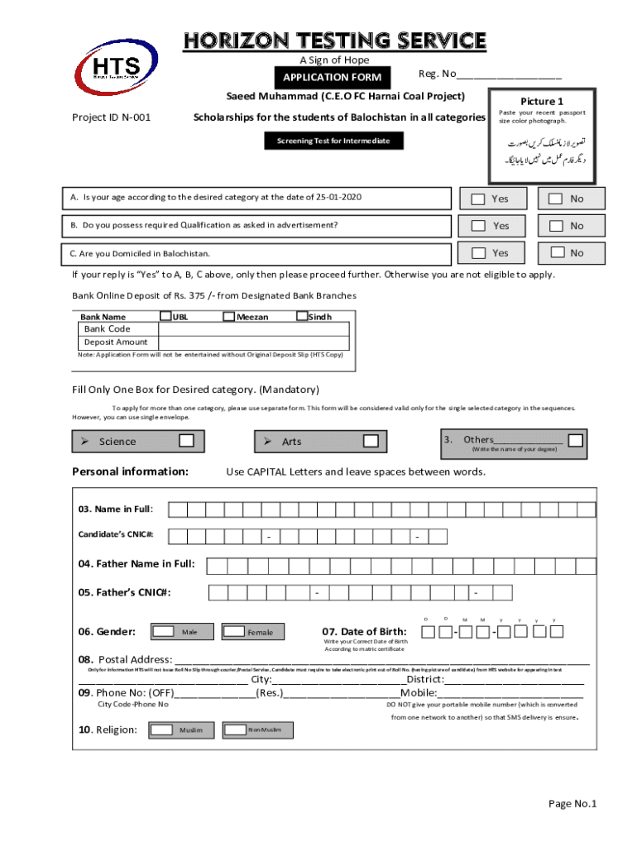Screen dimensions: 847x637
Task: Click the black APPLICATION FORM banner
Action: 333,78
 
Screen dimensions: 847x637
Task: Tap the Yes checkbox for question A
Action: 478,199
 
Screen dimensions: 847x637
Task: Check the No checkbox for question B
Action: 556,225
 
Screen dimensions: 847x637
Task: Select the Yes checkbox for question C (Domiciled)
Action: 478,252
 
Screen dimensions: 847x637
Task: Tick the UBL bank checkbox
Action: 165,316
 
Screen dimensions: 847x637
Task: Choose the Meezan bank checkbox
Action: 229,316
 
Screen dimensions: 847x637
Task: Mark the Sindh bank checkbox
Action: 302,316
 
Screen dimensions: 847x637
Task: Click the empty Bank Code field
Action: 253,328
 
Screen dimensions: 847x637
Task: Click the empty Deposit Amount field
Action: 253,342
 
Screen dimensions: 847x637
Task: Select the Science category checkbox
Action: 187,441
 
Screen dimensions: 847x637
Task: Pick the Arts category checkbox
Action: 370,441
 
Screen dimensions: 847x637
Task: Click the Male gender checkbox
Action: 163,632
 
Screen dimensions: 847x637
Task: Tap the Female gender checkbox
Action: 234,632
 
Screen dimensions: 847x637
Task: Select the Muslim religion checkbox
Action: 163,730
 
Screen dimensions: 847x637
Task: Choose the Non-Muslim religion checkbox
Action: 235,730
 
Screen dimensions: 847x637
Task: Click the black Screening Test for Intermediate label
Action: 328,141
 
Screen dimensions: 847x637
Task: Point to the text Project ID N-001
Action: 112,117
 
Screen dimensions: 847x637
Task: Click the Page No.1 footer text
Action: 572,804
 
